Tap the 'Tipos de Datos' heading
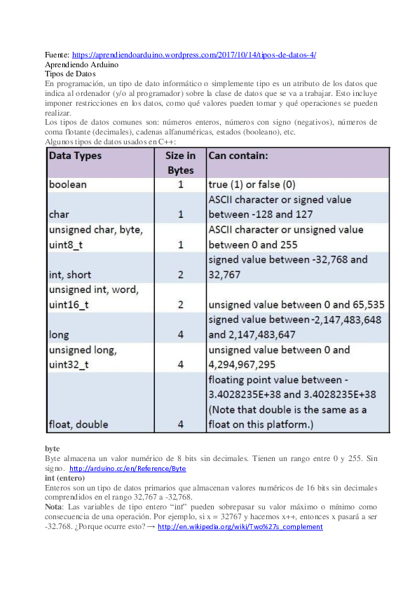70,73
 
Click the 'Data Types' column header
75,156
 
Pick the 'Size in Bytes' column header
180,163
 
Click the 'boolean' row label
68,185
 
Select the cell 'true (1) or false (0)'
252,185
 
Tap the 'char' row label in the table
59,214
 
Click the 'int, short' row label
70,274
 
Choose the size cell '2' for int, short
180,274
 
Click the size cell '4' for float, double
180,424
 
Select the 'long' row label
59,335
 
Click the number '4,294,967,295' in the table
244,364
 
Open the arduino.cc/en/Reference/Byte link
128,468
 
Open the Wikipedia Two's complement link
240,526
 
